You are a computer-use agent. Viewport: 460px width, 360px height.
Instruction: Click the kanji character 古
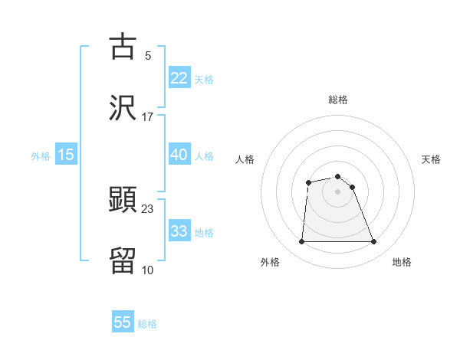click(x=123, y=47)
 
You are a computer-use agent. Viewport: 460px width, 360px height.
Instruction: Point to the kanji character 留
click(x=123, y=260)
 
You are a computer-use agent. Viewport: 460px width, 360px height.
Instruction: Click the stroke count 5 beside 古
click(x=147, y=55)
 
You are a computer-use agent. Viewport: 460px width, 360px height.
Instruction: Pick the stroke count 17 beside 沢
click(x=147, y=116)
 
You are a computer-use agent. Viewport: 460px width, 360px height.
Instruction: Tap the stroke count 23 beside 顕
click(x=147, y=208)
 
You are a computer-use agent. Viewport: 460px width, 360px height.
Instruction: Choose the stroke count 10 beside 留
click(x=147, y=269)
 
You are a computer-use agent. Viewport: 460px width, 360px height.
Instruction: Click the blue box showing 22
click(x=179, y=77)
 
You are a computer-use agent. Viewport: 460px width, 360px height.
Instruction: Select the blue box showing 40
click(x=179, y=155)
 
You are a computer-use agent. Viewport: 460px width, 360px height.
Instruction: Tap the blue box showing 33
click(x=179, y=231)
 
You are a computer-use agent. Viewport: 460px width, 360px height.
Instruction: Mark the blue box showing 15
click(x=66, y=155)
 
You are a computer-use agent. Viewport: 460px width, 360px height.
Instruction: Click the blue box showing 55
click(x=123, y=322)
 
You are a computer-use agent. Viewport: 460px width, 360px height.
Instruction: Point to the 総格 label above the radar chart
click(x=338, y=100)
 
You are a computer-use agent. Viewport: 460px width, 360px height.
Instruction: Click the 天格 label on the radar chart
click(x=432, y=159)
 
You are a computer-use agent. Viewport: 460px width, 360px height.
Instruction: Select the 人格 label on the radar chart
click(x=245, y=159)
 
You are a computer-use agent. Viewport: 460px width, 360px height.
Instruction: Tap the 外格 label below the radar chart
click(x=270, y=262)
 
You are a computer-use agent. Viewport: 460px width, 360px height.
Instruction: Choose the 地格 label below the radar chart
click(x=402, y=262)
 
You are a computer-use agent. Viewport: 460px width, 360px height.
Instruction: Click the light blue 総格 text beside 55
click(x=147, y=324)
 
